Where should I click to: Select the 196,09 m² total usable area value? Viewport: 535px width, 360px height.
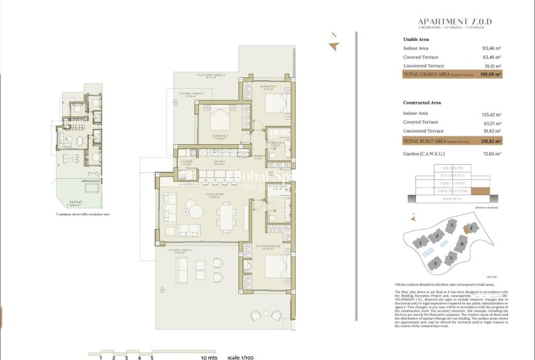[490, 74]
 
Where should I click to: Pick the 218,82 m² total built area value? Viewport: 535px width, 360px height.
[490, 142]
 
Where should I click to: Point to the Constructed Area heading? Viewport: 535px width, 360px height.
[422, 102]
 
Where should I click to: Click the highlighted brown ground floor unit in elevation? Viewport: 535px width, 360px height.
[481, 190]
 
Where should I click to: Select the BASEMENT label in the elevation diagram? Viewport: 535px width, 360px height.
[452, 199]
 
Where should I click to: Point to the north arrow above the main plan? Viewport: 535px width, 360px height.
[334, 44]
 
